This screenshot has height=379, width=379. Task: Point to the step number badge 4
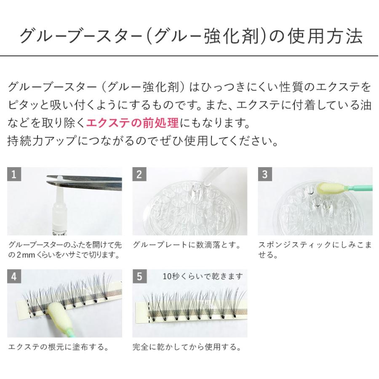(x=14, y=277)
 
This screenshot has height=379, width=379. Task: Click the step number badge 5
(x=139, y=277)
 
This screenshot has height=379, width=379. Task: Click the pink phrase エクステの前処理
(x=133, y=123)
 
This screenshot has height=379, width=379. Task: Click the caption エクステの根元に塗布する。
(x=59, y=347)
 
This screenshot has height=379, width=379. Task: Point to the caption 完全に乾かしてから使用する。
(x=187, y=347)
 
